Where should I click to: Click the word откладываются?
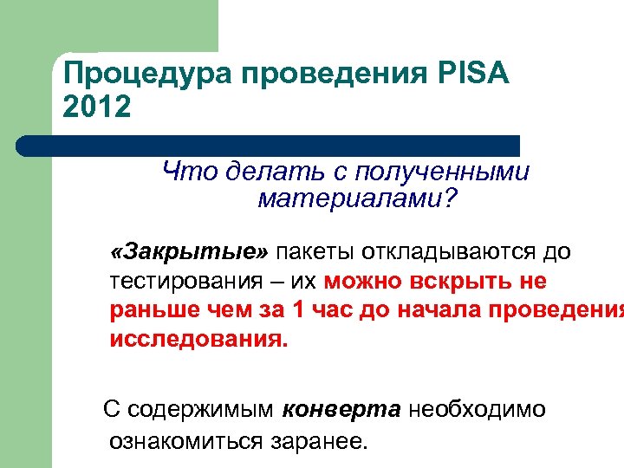[x=452, y=252]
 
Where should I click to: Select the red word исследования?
[x=198, y=339]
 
